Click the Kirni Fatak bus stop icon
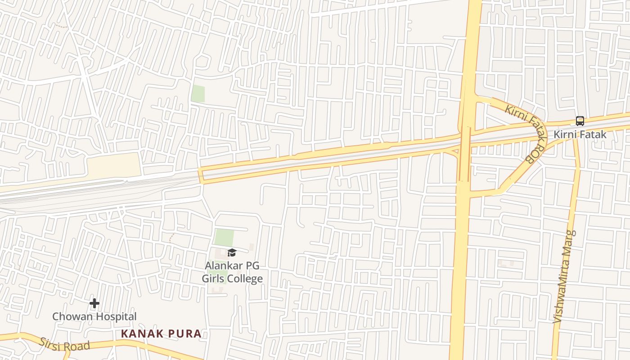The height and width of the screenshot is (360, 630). pos(580,121)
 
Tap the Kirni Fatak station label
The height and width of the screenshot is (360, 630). pos(580,135)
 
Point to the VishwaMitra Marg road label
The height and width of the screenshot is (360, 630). pos(564,277)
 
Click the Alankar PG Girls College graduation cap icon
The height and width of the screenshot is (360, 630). pos(232,253)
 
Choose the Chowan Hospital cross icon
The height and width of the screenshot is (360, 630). pos(94,304)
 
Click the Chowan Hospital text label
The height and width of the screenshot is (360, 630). pos(94,316)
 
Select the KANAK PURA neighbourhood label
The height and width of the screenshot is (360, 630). pos(161,334)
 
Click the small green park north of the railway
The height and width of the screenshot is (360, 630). pos(198,94)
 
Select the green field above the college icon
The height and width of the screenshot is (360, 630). pos(224,238)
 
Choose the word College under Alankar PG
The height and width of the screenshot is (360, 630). pos(245,279)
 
